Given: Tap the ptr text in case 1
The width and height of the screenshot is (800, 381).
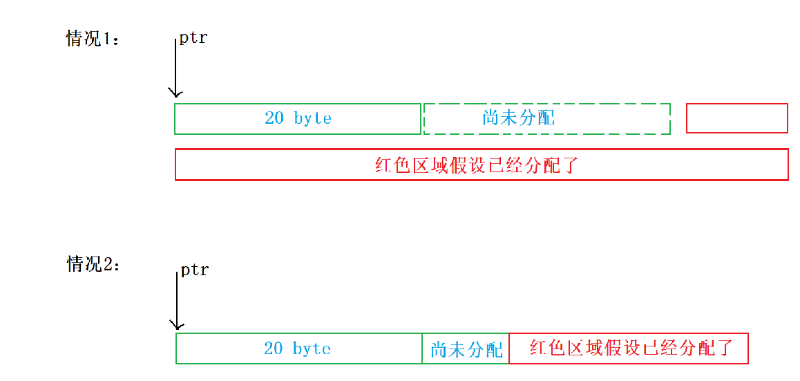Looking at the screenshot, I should [x=193, y=37].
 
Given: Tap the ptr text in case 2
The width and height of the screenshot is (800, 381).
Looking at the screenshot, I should [x=194, y=269].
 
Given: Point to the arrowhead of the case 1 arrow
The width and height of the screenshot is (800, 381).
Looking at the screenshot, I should [x=175, y=93].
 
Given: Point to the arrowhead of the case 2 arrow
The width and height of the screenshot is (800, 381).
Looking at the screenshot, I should [x=177, y=325].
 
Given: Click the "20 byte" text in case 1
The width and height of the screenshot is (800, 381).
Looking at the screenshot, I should [x=298, y=118].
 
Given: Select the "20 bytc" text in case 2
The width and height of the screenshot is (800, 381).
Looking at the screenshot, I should [x=298, y=349].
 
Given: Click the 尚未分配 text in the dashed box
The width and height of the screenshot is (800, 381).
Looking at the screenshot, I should [x=518, y=118].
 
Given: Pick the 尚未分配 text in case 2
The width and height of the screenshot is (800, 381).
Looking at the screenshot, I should [x=466, y=349].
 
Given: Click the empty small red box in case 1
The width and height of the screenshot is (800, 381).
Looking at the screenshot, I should [x=736, y=118].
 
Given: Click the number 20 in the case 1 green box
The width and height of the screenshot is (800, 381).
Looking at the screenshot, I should [x=274, y=118].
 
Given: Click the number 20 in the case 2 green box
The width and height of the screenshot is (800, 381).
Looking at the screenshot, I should [x=274, y=349].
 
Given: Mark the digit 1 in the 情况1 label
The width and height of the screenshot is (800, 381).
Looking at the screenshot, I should [x=107, y=39].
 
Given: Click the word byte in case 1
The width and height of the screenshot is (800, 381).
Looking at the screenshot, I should [x=312, y=119].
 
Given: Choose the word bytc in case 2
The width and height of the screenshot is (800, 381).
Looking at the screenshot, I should [x=312, y=349].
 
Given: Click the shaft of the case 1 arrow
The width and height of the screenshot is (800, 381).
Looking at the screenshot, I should [x=175, y=66].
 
